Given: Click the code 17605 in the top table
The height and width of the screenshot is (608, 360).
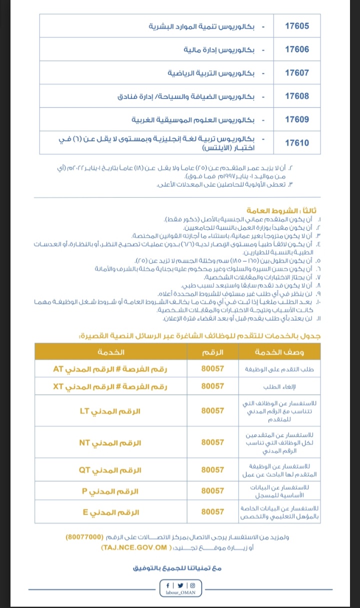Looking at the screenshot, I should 297,26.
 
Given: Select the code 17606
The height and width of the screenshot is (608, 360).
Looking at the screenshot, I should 297,49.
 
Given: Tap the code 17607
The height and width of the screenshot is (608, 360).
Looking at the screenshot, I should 297,73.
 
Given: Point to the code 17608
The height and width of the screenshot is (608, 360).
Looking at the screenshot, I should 297,96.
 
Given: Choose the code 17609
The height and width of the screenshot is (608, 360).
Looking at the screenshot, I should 297,119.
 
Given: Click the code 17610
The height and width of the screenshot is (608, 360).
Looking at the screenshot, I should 297,143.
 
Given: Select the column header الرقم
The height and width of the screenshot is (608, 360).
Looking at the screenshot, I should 212,353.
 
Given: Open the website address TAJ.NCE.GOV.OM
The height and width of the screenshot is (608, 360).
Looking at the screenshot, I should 135,547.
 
